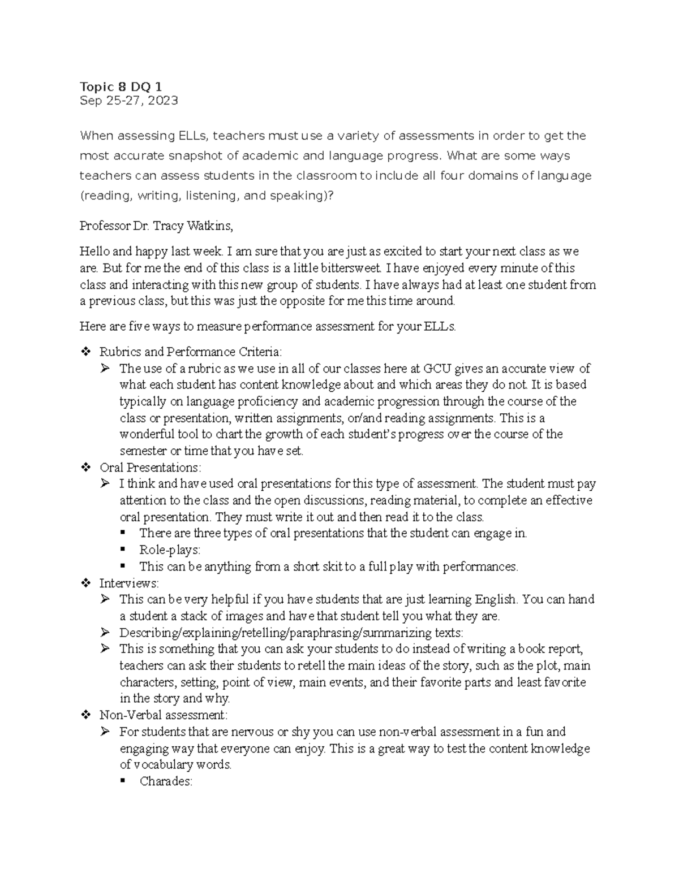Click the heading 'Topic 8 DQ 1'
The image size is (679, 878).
point(121,86)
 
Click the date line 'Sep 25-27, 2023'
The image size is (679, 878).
point(128,101)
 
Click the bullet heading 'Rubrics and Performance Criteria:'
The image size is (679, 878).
point(190,352)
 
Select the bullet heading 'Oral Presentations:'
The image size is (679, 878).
point(150,468)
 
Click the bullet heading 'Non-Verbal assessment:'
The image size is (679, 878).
point(163,715)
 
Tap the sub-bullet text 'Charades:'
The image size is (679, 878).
point(166,782)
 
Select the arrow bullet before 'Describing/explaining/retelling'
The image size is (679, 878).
point(105,633)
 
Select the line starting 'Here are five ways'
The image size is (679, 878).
point(268,326)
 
